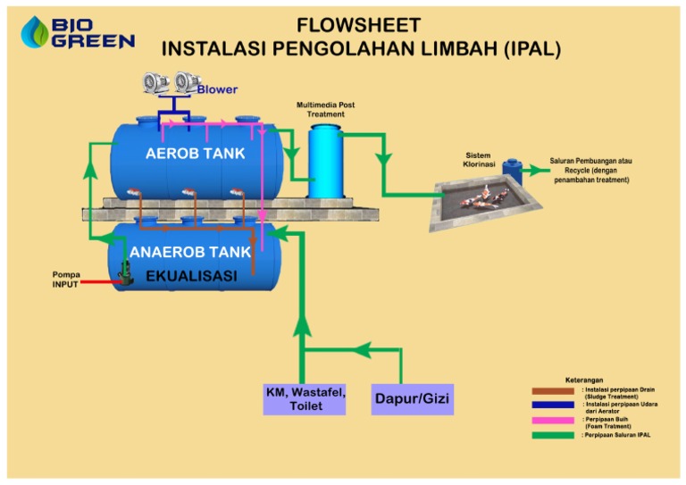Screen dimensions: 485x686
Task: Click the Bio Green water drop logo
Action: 36,32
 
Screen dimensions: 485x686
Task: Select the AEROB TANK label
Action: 195,154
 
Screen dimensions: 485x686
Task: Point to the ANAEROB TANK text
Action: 190,253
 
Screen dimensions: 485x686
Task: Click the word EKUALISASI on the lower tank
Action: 191,276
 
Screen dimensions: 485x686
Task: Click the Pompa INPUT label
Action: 65,280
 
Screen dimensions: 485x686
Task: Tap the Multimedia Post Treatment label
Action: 325,109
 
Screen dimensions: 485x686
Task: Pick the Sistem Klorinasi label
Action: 478,160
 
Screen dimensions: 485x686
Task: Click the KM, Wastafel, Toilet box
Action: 305,399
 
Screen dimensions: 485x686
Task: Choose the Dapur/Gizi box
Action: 412,399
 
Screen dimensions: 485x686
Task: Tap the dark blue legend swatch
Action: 553,405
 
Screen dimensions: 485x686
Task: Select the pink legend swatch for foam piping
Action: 553,420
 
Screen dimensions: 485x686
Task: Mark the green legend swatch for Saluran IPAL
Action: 553,435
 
